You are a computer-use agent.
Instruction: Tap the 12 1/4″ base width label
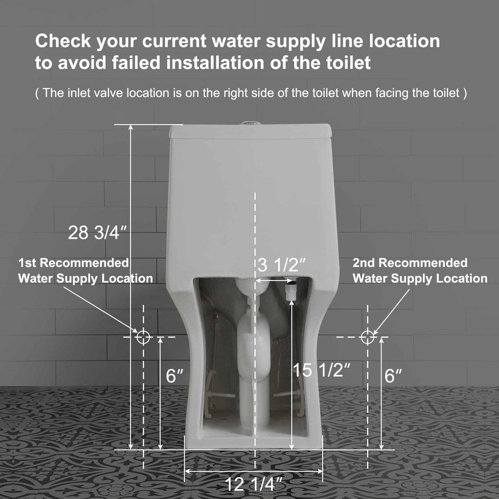click(249, 484)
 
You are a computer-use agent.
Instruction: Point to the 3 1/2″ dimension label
click(282, 266)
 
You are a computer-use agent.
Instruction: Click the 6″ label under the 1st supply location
click(174, 376)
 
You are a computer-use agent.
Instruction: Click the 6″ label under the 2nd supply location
click(393, 376)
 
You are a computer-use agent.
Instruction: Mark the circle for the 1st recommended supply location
click(143, 337)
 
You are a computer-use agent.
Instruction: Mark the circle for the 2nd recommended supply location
click(367, 337)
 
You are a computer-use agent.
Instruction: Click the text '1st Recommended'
click(74, 263)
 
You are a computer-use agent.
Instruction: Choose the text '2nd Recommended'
click(410, 263)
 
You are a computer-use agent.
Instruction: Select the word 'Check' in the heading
click(63, 41)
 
